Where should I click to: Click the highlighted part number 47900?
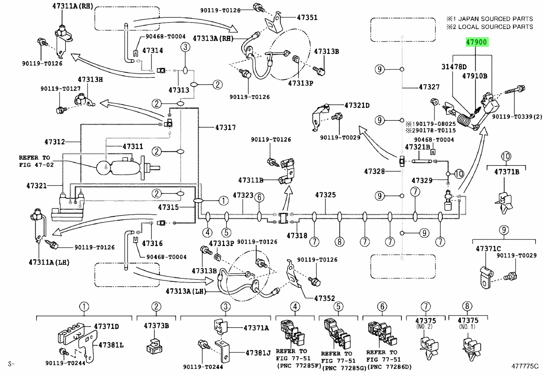coord(477,42)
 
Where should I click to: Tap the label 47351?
coord(307,17)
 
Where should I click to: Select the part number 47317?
coord(225,127)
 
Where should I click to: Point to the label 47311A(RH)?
coord(73,6)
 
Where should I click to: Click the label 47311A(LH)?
coord(49,262)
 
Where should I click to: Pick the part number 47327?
coord(429,87)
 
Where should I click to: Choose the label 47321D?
coord(357,105)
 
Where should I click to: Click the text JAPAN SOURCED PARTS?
coord(496,19)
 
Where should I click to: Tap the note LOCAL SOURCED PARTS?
coord(496,27)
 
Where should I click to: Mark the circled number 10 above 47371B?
coord(506,156)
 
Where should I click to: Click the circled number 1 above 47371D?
coord(84,307)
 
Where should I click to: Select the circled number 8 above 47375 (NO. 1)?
coord(467,306)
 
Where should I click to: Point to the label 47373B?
coord(156,326)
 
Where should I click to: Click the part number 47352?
coord(324,298)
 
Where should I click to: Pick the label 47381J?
coord(258,353)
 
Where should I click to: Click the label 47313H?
coord(90,79)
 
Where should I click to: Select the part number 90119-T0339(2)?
coord(517,117)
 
